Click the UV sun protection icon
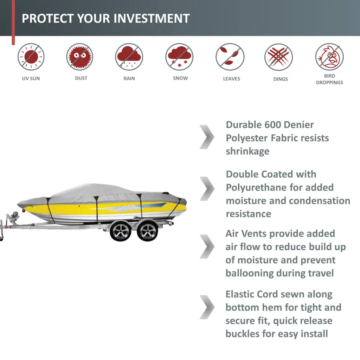(x=31, y=57)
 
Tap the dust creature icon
(x=80, y=57)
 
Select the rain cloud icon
(x=129, y=57)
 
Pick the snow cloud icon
(x=179, y=57)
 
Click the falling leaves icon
(x=230, y=57)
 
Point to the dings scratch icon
(x=278, y=57)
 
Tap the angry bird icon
(x=329, y=57)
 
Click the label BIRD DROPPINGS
(x=329, y=79)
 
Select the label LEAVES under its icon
(x=231, y=79)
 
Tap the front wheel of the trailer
(x=121, y=231)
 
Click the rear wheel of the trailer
(x=148, y=231)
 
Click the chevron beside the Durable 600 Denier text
(x=207, y=137)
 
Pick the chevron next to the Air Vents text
(x=207, y=246)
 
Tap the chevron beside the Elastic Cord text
(x=207, y=307)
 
